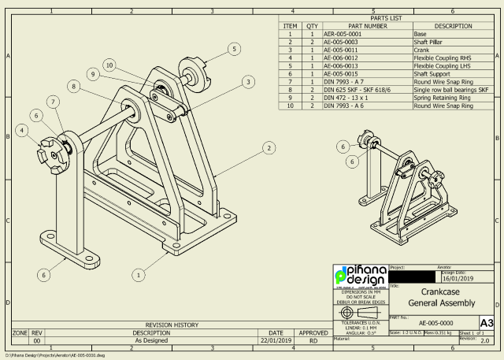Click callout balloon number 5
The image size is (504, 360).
pyautogui.click(x=234, y=49)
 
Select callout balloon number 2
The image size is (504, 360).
pyautogui.click(x=269, y=147)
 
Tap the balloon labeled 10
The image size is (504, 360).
pyautogui.click(x=109, y=65)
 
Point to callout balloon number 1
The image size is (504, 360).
pyautogui.click(x=139, y=275)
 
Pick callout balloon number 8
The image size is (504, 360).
pyautogui.click(x=73, y=86)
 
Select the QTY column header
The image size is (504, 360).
pyautogui.click(x=312, y=26)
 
